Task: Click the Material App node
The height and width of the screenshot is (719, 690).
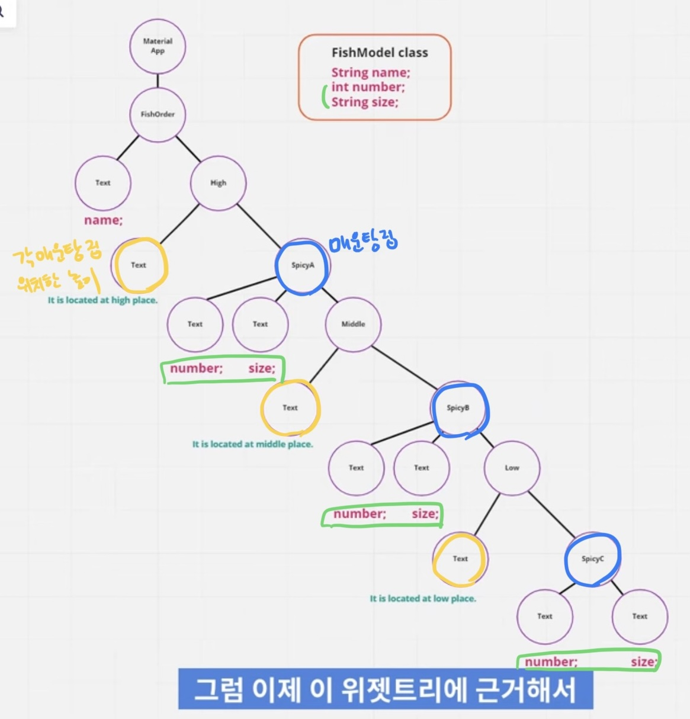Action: click(158, 46)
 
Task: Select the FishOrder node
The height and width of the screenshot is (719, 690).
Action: click(158, 114)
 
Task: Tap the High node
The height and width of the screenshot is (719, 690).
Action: click(218, 182)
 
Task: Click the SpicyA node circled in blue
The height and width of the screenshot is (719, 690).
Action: click(303, 265)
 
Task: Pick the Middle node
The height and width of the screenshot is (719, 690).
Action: click(353, 324)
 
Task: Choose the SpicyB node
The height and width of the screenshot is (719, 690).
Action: click(458, 408)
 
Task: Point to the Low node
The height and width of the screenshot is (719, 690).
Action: click(512, 468)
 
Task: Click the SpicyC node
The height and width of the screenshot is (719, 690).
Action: click(592, 558)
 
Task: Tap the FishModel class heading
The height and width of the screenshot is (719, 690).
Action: click(380, 53)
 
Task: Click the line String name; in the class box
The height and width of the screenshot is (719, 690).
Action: click(371, 73)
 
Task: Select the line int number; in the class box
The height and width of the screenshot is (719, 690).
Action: click(368, 87)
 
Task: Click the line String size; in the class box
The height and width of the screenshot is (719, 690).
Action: click(365, 102)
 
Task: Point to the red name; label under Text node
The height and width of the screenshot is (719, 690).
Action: click(103, 220)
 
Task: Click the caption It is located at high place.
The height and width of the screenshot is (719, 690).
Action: click(102, 300)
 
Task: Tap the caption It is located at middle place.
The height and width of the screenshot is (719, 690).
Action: click(252, 444)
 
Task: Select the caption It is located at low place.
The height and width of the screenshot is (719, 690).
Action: click(423, 599)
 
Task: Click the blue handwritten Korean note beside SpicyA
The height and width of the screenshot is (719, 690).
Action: click(363, 242)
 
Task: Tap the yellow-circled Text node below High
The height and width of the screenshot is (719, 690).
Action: click(139, 265)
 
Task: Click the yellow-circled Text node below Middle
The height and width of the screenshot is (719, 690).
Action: click(290, 408)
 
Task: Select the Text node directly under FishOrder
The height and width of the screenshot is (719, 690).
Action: click(103, 183)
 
